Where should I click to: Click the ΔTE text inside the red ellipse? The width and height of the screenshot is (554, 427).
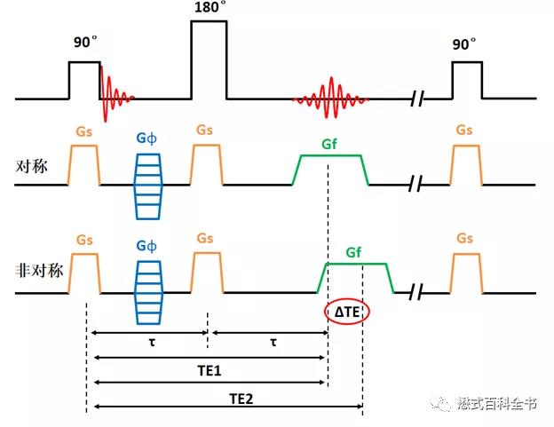click(x=346, y=311)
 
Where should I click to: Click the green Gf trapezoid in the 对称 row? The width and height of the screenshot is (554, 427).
click(x=330, y=170)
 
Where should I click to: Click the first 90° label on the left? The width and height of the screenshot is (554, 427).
click(x=84, y=42)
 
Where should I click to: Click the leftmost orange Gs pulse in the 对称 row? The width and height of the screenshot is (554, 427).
click(x=85, y=165)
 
